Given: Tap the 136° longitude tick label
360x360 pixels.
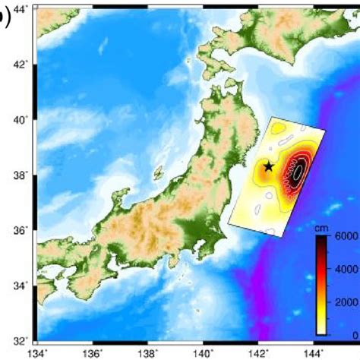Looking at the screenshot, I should click(x=93, y=353).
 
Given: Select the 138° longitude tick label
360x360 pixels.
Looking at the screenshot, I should click(x=149, y=353).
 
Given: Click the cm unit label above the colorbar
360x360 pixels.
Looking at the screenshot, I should click(x=323, y=227).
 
